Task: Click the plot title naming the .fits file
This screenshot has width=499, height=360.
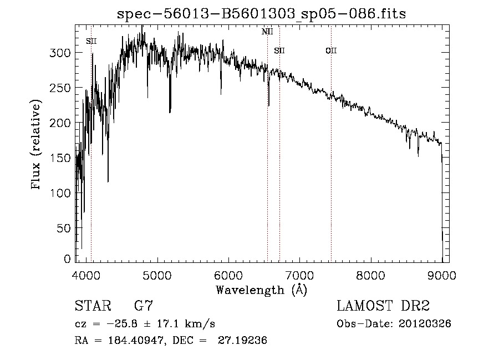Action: pos(262,14)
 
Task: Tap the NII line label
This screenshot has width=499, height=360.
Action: pos(267,32)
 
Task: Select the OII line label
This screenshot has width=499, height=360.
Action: pos(331,51)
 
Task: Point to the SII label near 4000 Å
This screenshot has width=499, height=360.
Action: pos(91,41)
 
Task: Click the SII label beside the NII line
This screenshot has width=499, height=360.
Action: pos(279,51)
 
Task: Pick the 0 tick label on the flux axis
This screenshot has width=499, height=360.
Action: pos(68,259)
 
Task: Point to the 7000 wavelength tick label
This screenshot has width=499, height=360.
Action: pos(299,275)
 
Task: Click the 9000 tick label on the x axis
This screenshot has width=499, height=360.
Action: pos(442,275)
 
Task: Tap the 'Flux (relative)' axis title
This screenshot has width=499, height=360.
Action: pos(37,145)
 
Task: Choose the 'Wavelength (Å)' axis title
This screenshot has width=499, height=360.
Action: pos(261,290)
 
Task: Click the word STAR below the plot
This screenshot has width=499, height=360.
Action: pos(93,306)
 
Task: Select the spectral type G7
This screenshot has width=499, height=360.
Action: pos(143,306)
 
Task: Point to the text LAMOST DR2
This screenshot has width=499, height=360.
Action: pos(383,306)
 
